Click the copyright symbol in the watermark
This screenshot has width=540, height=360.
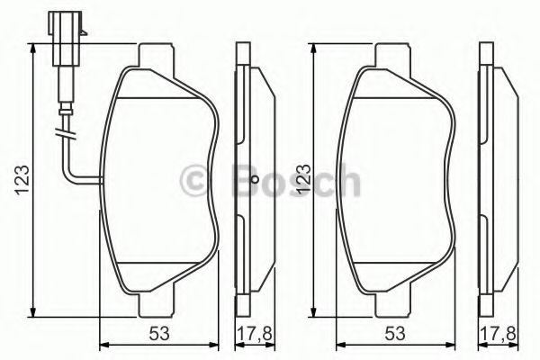(194, 183)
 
